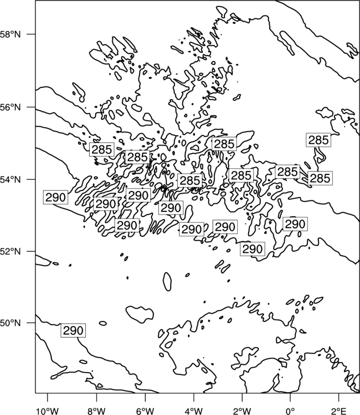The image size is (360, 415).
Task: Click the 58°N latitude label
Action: coord(11,34)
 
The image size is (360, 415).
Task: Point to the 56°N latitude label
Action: coord(11,107)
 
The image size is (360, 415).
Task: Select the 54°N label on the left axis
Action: coord(11,180)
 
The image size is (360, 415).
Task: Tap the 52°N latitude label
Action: coord(11,251)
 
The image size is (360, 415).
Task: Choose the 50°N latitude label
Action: coord(11,323)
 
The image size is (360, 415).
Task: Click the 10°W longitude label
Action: coord(48,411)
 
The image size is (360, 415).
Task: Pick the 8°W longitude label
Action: coord(96,411)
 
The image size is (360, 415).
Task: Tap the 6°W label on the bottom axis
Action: coord(145,411)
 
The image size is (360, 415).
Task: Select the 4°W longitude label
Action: coord(194,411)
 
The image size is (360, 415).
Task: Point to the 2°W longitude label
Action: coord(242,411)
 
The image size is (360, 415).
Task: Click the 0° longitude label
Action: coord(290,411)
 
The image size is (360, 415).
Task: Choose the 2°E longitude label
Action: coord(339,411)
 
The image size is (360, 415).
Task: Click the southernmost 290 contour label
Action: coord(73,330)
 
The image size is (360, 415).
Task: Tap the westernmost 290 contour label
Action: coord(55,197)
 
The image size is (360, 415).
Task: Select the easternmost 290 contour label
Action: coord(295,224)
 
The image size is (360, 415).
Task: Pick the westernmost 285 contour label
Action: coord(102,149)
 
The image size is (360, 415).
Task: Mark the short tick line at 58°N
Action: coord(31,34)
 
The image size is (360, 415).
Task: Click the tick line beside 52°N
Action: coord(31,251)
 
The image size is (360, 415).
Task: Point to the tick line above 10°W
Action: coord(48,397)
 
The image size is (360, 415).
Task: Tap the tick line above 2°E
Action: coord(339,397)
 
